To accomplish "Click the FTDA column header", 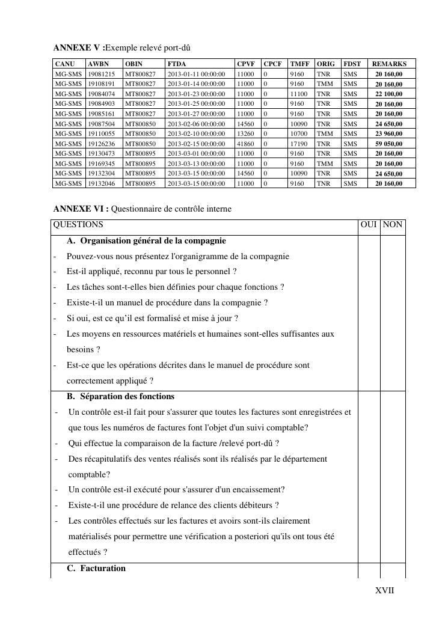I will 177,64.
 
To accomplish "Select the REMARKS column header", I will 389,64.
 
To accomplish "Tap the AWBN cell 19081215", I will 101,74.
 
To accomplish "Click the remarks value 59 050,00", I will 389,144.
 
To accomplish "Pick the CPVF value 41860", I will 245,144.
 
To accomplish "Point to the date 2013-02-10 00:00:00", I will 196,133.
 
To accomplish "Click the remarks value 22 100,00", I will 389,94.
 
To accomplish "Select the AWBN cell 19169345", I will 101,164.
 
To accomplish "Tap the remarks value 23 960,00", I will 389,133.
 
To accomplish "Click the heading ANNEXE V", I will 79,47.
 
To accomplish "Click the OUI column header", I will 369,225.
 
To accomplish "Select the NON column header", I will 393,225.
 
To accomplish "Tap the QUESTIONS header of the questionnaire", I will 78,225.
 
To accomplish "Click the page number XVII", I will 385,590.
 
